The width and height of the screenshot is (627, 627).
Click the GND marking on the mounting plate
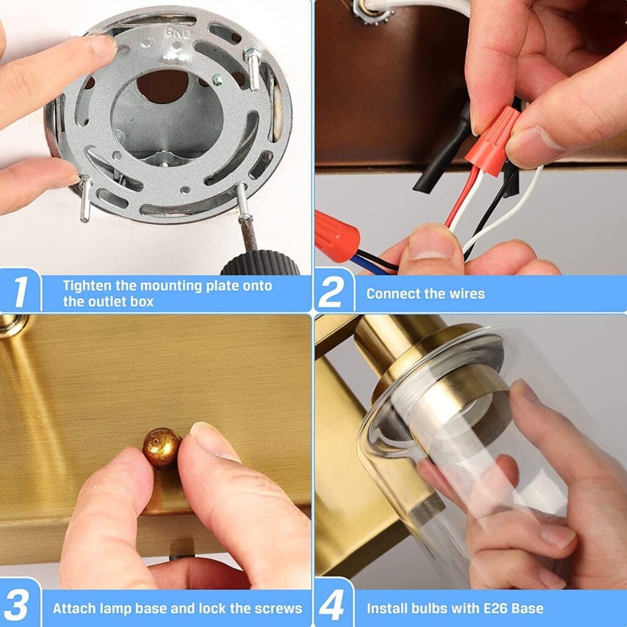179,34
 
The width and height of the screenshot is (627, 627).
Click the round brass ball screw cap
162,448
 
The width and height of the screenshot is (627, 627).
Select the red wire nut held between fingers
493,140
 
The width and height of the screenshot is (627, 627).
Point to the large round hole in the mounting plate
162,86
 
